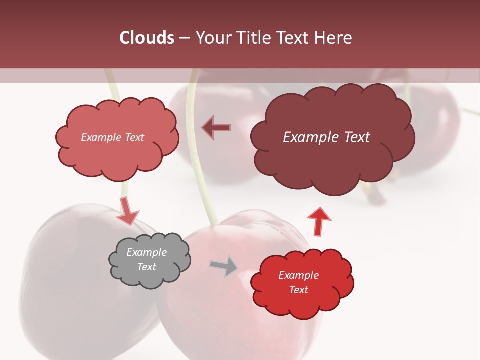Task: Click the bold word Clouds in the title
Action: (x=147, y=38)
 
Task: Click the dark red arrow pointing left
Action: (x=216, y=127)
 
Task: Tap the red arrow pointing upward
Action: (x=318, y=220)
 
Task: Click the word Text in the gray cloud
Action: (x=147, y=267)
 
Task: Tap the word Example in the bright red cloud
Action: (x=298, y=275)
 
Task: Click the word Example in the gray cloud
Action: (x=147, y=252)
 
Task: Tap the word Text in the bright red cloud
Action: (x=298, y=290)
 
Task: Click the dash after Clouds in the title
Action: (x=184, y=38)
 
